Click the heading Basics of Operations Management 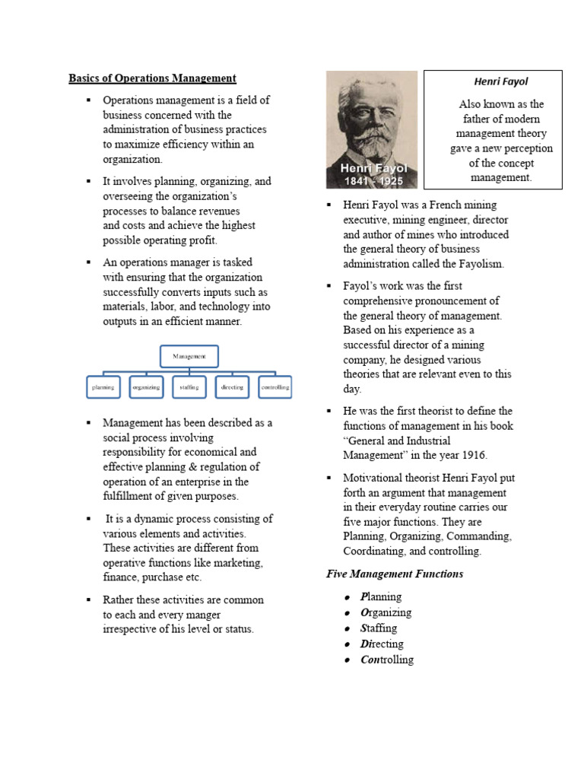(x=152, y=78)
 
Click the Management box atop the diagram (x=189, y=356)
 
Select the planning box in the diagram (x=103, y=387)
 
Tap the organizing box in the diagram (x=146, y=387)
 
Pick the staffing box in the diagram (x=189, y=387)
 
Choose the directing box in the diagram (x=232, y=387)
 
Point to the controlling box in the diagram (x=275, y=387)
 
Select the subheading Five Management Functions (x=394, y=574)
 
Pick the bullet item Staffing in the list (x=379, y=628)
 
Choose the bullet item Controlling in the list (x=386, y=660)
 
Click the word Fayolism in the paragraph (x=478, y=264)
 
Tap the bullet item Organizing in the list (x=386, y=612)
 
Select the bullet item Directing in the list (x=382, y=644)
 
